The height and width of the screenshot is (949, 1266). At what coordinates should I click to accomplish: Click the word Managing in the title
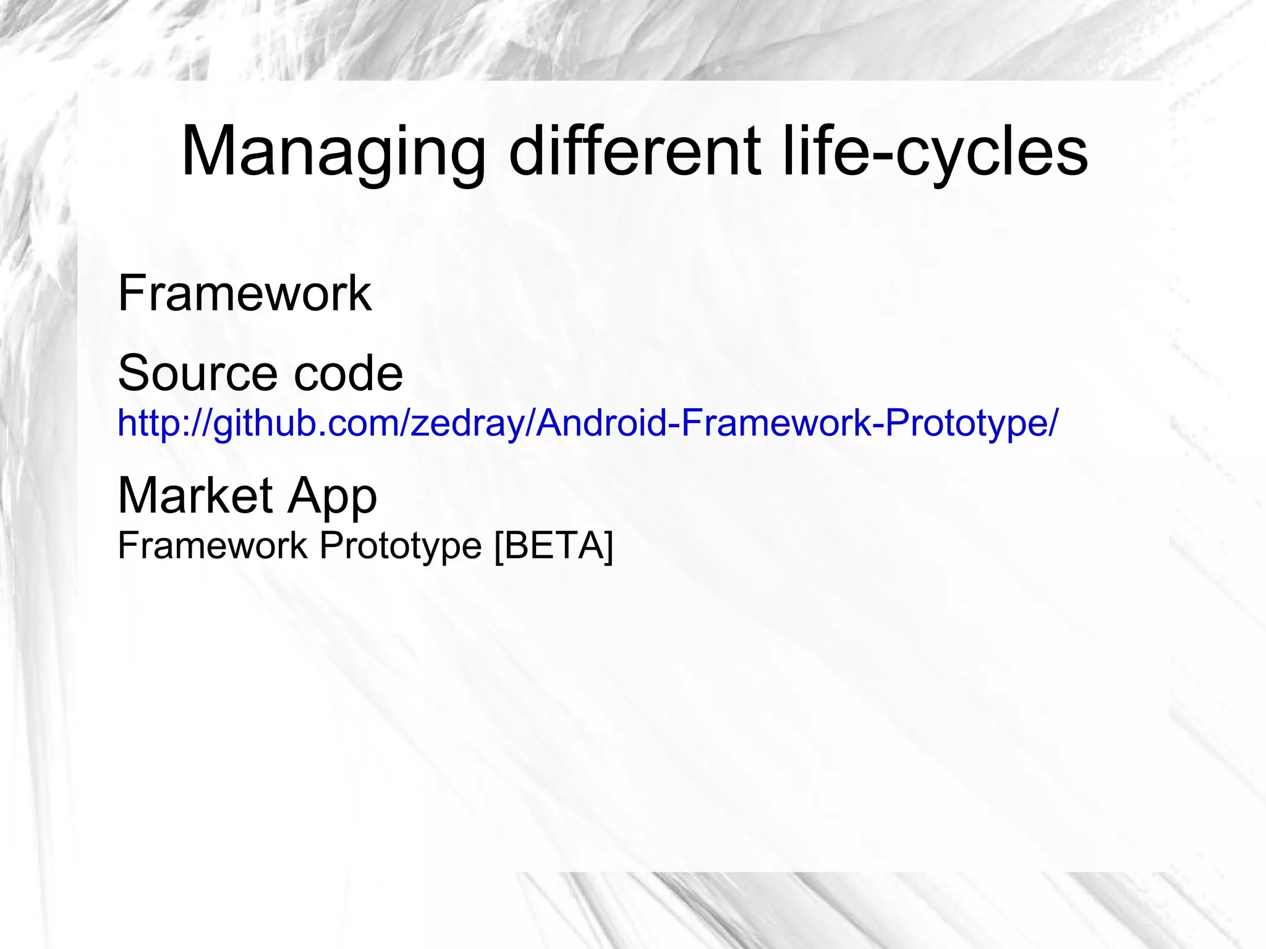pyautogui.click(x=333, y=153)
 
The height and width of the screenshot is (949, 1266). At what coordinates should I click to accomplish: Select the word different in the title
pyautogui.click(x=634, y=151)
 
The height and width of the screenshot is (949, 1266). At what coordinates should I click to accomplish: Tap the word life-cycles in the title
pyautogui.click(x=934, y=153)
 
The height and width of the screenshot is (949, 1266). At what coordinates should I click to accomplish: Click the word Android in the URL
pyautogui.click(x=600, y=423)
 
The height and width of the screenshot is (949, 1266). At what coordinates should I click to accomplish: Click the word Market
pyautogui.click(x=195, y=496)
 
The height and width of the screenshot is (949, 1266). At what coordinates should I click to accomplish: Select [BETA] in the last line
pyautogui.click(x=554, y=546)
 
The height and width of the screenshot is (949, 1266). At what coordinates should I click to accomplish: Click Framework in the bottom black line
pyautogui.click(x=212, y=546)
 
